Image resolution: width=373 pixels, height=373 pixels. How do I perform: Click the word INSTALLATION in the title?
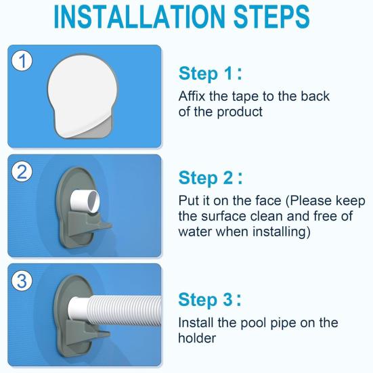coord(139,17)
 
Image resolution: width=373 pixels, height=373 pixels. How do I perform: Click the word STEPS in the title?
coord(271,17)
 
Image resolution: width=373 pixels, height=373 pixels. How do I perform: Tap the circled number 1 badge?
coord(22,61)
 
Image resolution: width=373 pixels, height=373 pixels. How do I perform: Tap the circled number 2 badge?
coord(22,172)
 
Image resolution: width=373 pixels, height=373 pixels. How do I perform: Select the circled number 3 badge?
coord(22,281)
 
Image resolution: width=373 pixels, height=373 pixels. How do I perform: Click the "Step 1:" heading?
coord(211,74)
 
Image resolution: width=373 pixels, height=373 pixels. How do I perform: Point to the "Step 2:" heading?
coord(211,178)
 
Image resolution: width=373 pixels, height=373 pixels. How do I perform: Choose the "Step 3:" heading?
coord(210,300)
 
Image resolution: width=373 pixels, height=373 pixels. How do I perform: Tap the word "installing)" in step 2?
coord(282,232)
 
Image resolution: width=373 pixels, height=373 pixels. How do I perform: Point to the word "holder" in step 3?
coord(197,338)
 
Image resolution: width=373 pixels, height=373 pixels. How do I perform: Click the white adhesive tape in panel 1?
coord(82,95)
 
